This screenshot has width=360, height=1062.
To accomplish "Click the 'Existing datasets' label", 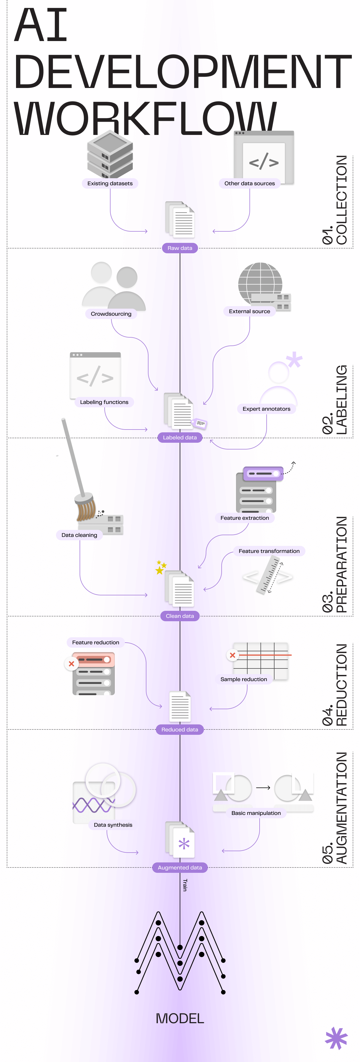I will [110, 184].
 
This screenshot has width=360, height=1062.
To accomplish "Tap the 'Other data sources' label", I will [249, 184].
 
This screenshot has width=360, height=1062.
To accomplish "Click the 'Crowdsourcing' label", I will [111, 314].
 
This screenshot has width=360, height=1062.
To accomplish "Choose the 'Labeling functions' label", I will [104, 402].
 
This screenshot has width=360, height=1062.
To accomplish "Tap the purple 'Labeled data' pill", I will [180, 437].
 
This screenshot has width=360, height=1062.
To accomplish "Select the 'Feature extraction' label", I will [244, 518].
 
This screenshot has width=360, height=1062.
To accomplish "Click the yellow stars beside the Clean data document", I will [160, 568].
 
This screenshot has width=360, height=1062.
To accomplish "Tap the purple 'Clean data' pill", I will [180, 616].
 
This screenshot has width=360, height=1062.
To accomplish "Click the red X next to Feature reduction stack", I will [71, 664].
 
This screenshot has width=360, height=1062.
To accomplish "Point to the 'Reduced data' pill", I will [180, 729].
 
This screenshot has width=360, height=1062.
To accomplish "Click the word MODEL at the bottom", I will [180, 1018].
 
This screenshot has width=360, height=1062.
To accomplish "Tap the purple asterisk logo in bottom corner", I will [336, 1038].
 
